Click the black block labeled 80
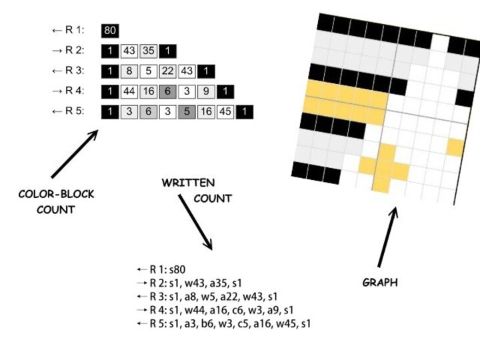[x=110, y=30]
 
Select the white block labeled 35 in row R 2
[x=149, y=51]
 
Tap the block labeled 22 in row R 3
[x=168, y=71]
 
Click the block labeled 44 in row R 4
[x=129, y=92]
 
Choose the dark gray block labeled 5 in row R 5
[x=187, y=112]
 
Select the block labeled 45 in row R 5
[x=225, y=112]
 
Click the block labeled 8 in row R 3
[x=129, y=71]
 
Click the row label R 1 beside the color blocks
[x=72, y=31]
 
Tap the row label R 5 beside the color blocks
[x=72, y=112]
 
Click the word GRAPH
[x=379, y=283]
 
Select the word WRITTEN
[x=188, y=183]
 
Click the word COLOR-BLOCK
[x=56, y=195]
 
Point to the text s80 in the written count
[x=176, y=270]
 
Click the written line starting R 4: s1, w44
[x=213, y=310]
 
